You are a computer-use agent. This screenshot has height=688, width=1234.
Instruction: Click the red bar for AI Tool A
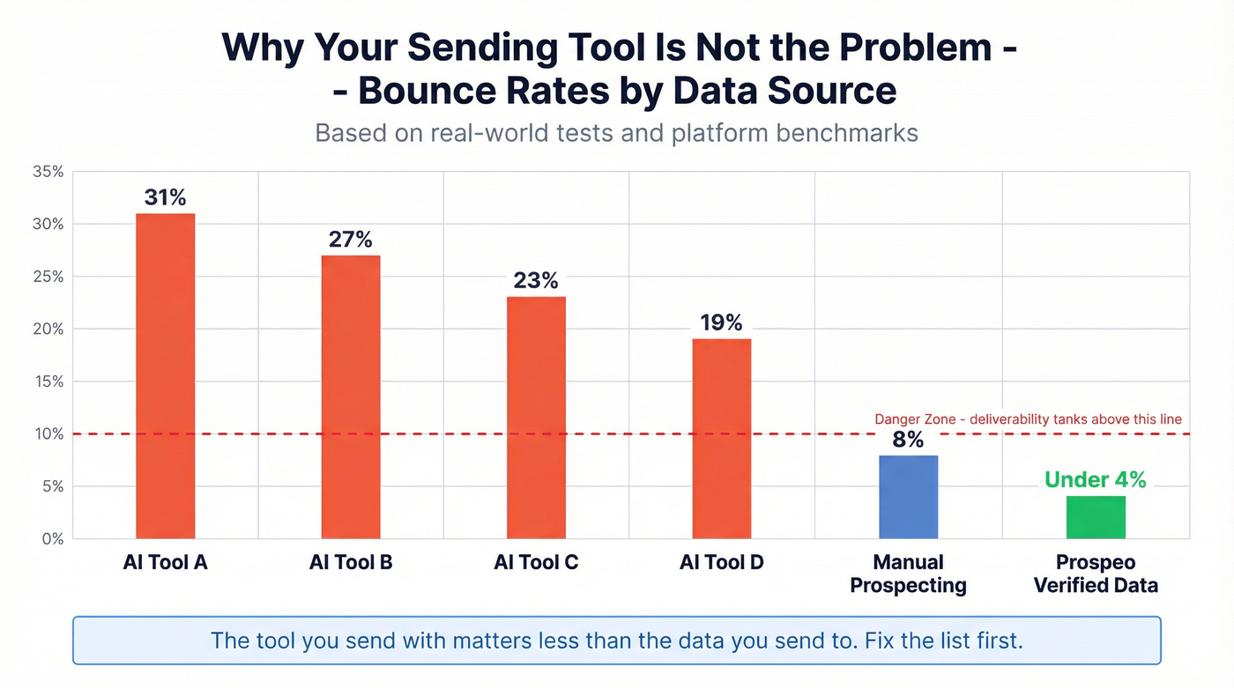165,375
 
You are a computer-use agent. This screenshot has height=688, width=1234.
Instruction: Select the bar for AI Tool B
351,396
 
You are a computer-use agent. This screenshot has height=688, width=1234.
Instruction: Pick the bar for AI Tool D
722,438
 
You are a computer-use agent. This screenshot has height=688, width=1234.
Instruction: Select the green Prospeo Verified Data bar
1096,517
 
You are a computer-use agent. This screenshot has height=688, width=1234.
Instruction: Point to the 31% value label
166,197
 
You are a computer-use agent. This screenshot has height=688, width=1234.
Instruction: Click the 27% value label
351,240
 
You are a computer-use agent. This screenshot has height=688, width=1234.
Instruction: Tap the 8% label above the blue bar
908,440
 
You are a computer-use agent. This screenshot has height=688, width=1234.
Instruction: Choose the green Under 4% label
1095,480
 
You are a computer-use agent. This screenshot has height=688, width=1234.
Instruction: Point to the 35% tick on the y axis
48,172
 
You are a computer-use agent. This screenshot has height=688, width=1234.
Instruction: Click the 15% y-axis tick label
48,381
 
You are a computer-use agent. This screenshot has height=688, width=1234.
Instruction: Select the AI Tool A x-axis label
165,563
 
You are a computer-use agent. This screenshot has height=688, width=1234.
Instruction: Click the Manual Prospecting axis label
908,573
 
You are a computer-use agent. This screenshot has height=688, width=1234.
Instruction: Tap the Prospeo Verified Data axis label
1096,573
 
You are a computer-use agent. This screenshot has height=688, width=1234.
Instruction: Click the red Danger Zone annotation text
1028,419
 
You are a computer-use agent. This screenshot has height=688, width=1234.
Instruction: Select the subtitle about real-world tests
616,133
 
